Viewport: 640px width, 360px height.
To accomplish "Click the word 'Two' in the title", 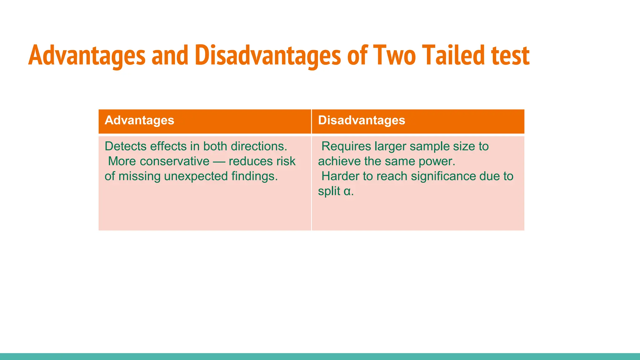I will (394, 55).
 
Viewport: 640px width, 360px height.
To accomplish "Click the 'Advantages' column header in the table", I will (139, 120).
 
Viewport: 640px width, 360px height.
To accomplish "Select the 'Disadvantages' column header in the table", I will (362, 120).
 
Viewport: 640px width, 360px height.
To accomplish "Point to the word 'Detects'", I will (125, 146).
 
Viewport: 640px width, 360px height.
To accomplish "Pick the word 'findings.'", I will (254, 176).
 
